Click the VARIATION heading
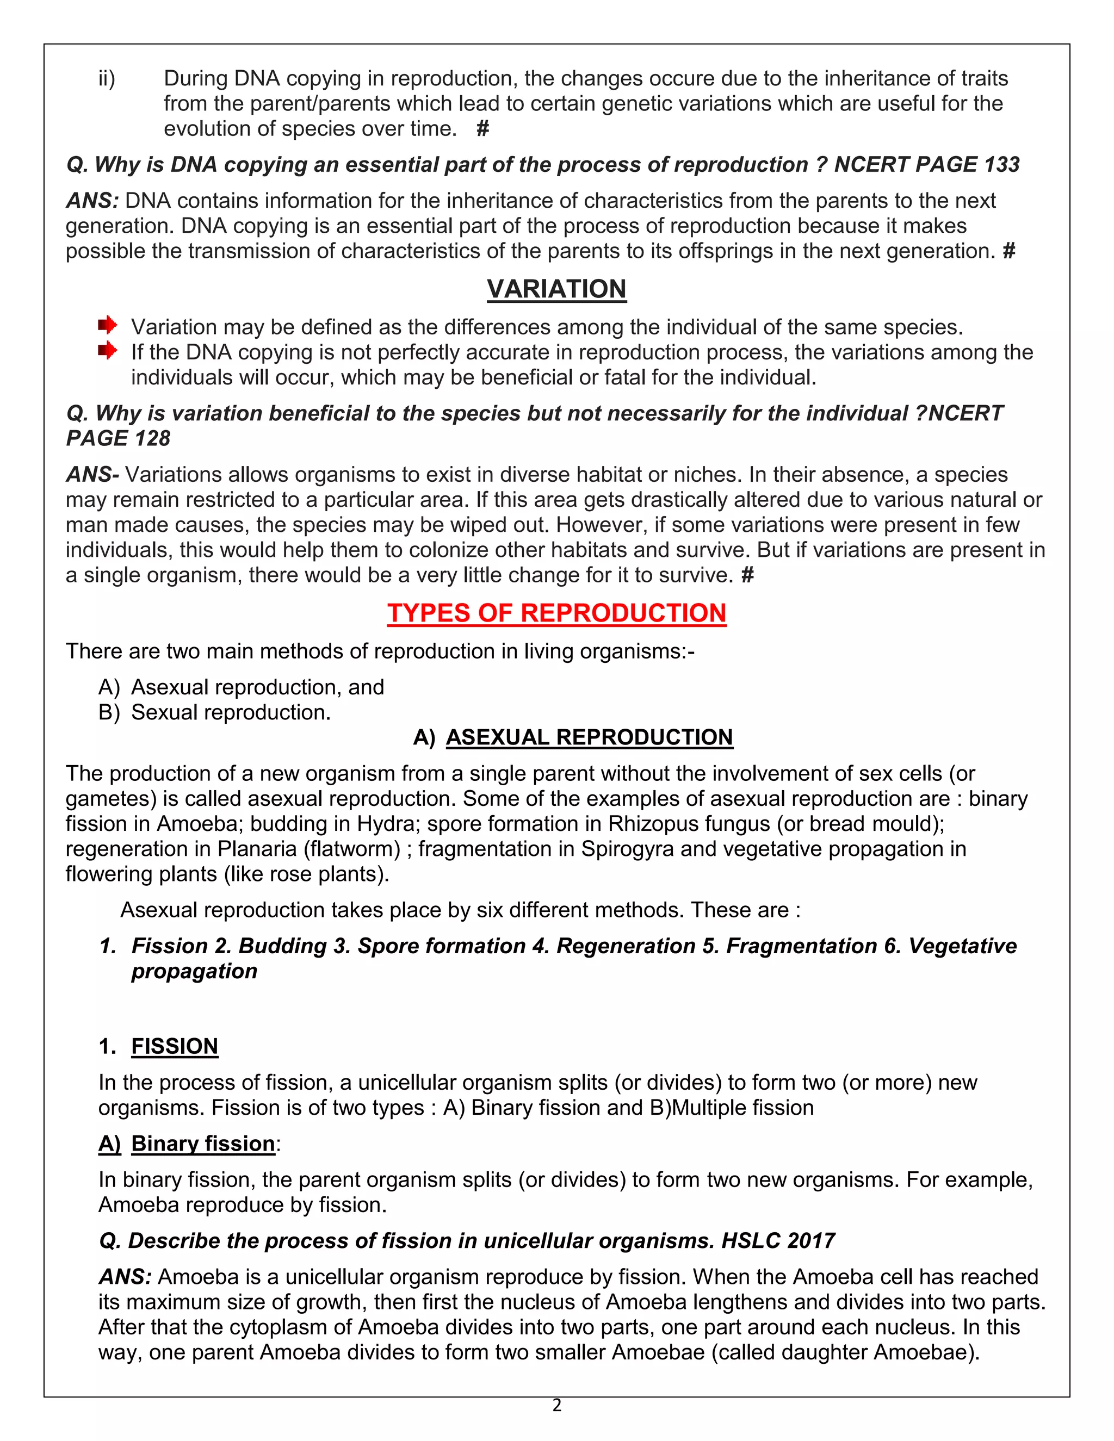tap(556, 289)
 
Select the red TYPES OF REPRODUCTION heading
tap(556, 613)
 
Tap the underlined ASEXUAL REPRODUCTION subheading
tap(589, 737)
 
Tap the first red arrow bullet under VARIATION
tap(108, 325)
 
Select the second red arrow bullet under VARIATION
tap(108, 350)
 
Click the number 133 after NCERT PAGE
tap(1001, 164)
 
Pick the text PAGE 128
tap(118, 438)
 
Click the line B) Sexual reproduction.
tap(214, 712)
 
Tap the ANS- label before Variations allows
tap(92, 474)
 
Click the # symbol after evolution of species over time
tap(482, 129)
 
